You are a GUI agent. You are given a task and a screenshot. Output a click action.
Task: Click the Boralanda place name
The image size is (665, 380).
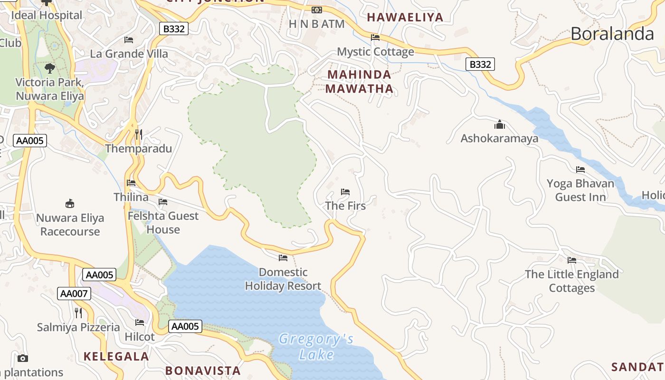pyautogui.click(x=612, y=34)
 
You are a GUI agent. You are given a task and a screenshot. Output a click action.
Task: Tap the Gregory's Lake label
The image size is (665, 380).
pyautogui.click(x=316, y=346)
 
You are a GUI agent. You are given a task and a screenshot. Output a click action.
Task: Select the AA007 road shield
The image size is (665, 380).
pyautogui.click(x=74, y=294)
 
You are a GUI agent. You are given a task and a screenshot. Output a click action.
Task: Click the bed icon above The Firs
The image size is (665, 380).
pyautogui.click(x=345, y=192)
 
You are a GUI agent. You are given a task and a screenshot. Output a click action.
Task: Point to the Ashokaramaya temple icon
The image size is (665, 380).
pyautogui.click(x=500, y=125)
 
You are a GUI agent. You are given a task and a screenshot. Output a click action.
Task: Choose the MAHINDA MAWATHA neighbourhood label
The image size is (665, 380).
pyautogui.click(x=360, y=81)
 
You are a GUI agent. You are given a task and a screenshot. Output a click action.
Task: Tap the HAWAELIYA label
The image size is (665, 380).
pyautogui.click(x=405, y=18)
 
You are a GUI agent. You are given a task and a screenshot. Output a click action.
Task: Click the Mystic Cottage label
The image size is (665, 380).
pyautogui.click(x=375, y=52)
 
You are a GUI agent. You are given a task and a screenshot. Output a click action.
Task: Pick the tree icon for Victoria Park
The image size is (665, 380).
pyautogui.click(x=49, y=68)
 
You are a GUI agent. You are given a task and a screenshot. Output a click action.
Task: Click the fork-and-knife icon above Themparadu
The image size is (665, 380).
pyautogui.click(x=138, y=134)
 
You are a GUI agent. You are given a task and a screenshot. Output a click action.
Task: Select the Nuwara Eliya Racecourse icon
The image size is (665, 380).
pyautogui.click(x=70, y=204)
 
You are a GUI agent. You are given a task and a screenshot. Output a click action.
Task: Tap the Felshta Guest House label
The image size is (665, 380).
pyautogui.click(x=163, y=222)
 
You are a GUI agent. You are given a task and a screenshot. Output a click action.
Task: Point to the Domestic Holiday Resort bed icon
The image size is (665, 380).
pyautogui.click(x=283, y=258)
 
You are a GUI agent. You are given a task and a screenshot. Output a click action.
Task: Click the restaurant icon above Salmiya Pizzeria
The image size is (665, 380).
pyautogui.click(x=78, y=313)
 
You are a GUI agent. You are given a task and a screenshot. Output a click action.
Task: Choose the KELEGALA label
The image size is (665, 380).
pyautogui.click(x=116, y=356)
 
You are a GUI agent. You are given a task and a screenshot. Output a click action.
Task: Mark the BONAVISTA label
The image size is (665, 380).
pyautogui.click(x=203, y=370)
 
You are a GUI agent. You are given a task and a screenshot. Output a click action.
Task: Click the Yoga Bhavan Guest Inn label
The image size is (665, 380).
pyautogui.click(x=580, y=190)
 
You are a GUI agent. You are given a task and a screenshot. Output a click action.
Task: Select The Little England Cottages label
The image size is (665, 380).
pyautogui.click(x=571, y=281)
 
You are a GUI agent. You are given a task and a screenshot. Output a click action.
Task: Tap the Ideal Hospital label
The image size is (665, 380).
pyautogui.click(x=47, y=15)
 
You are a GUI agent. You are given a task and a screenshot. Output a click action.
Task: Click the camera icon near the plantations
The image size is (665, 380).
pyautogui.click(x=22, y=358)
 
